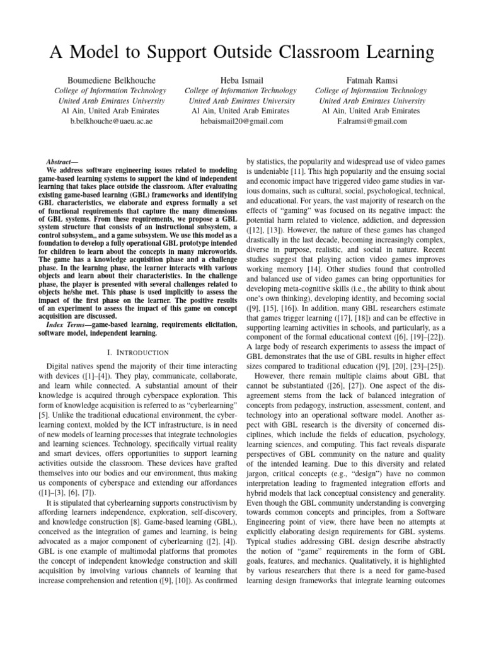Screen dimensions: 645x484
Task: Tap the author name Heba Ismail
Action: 241,80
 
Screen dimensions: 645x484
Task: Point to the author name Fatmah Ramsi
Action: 372,80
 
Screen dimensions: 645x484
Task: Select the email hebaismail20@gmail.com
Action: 241,121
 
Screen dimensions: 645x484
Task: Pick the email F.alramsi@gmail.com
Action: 372,121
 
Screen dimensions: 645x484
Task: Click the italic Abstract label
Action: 62,162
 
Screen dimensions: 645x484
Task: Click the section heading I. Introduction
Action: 129,352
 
